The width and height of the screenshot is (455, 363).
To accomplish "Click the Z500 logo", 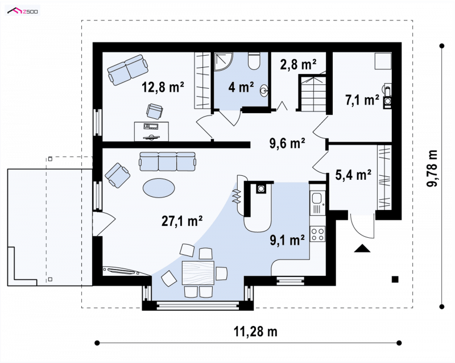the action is point(23,11).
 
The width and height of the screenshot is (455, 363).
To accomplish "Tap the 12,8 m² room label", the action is point(163,87).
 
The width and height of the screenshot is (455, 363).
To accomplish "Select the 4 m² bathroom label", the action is point(241,87).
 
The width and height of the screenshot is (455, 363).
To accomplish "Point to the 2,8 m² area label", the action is point(298,64).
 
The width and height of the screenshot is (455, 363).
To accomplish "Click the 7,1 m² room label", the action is point(362,100).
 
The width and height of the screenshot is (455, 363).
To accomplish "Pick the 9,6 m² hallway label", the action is point(287,143).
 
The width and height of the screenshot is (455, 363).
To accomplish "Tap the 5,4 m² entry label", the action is point(353,175).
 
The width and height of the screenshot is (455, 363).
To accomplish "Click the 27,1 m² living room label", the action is point(181,221).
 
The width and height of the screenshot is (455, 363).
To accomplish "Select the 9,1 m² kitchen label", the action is point(287,240).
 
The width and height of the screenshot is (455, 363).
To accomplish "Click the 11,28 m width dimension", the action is point(255,331).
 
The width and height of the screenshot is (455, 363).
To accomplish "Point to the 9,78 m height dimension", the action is point(432,168).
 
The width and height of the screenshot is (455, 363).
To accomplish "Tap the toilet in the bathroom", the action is point(254,61).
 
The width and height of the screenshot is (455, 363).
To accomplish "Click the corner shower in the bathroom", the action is point(224,62).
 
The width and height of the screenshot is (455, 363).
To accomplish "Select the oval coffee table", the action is point(159,188).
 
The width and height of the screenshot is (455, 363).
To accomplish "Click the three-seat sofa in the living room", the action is point(167,162).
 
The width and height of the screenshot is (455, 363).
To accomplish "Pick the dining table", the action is point(198,273).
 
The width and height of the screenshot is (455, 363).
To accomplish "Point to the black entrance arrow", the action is point(362,248).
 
